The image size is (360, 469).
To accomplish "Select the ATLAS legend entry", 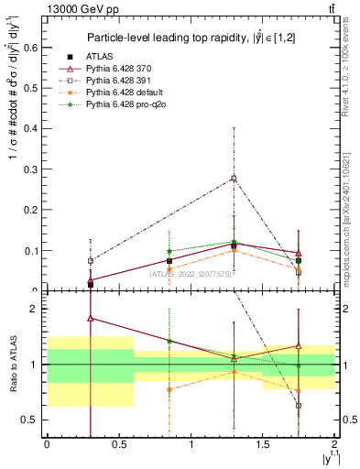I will (115, 56).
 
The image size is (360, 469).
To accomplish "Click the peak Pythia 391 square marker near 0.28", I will (234, 178).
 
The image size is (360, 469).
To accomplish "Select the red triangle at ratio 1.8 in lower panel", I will (90, 319).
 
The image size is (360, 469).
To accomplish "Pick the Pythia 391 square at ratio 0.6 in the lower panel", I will (299, 406).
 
